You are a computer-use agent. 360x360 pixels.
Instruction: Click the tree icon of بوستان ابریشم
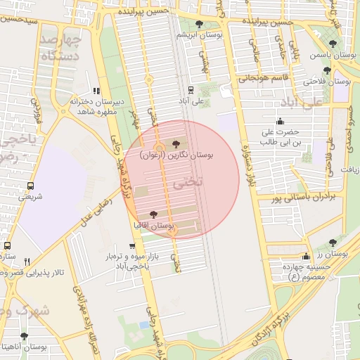[x=200, y=24]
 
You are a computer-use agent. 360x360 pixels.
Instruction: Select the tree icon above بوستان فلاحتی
[x=327, y=70]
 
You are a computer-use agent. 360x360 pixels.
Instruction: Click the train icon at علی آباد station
[x=191, y=89]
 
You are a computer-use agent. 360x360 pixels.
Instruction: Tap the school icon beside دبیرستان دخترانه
[x=96, y=91]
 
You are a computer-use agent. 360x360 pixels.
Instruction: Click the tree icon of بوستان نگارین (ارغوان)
[x=176, y=143]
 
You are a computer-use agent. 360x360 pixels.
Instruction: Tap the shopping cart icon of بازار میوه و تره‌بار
[x=132, y=246]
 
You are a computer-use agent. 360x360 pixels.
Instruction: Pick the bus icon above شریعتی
[x=30, y=186]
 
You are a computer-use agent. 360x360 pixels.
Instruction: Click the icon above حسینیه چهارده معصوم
[x=305, y=256]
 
